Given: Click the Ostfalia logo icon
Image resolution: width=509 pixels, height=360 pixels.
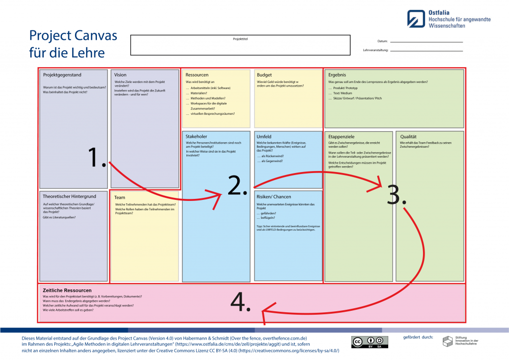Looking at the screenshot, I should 416,18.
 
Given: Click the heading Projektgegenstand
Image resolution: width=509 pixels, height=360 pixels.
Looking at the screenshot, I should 62,75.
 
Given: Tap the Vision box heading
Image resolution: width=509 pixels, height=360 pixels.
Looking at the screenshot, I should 120,75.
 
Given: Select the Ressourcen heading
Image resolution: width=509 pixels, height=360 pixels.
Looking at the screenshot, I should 197,75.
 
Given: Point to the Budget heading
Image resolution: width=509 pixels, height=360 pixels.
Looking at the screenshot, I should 264,75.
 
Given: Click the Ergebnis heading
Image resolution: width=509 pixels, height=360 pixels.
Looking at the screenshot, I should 338,75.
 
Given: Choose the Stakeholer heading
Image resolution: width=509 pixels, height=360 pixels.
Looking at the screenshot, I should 196,136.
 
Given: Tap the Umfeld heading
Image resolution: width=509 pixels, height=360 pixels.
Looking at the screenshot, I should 263,136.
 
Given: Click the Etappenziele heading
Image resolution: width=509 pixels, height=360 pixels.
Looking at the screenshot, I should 341,136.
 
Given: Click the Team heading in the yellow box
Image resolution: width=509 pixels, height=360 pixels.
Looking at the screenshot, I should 120,197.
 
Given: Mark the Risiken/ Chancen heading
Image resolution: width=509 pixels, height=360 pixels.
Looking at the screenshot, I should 273,196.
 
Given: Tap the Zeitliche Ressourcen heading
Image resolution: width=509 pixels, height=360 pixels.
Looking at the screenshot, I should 67,290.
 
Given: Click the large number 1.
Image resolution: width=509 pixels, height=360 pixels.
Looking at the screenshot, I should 96,158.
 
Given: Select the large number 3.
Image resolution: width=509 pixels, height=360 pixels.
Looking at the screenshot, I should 396,195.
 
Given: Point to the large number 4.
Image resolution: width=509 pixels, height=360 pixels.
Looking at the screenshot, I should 241,301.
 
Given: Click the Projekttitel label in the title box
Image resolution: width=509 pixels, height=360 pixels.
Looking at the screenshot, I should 240,39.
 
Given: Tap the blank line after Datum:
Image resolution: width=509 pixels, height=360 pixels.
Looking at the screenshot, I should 426,42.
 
